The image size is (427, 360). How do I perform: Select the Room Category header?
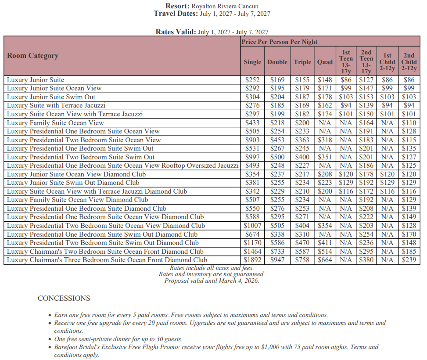[33, 56]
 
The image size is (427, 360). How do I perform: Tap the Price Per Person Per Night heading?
[280, 42]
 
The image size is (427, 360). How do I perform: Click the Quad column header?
[325, 62]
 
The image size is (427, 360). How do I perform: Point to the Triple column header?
[302, 62]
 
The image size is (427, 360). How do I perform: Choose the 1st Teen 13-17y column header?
[346, 61]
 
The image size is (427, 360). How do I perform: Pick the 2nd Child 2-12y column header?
[409, 61]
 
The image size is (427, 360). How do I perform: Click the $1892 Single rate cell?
[252, 260]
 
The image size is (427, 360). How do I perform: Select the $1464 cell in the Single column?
[252, 252]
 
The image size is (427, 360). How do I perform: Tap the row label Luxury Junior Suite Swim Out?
[51, 97]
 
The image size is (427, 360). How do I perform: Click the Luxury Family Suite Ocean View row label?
[55, 123]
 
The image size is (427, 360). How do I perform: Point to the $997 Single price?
[252, 157]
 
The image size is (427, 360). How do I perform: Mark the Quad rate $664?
[325, 260]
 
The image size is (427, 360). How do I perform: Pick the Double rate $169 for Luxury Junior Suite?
[277, 80]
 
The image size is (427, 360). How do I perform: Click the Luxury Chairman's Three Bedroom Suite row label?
[107, 260]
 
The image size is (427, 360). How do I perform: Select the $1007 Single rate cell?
[252, 226]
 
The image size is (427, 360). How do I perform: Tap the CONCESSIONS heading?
[64, 299]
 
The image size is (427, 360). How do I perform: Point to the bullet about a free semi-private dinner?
[118, 339]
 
